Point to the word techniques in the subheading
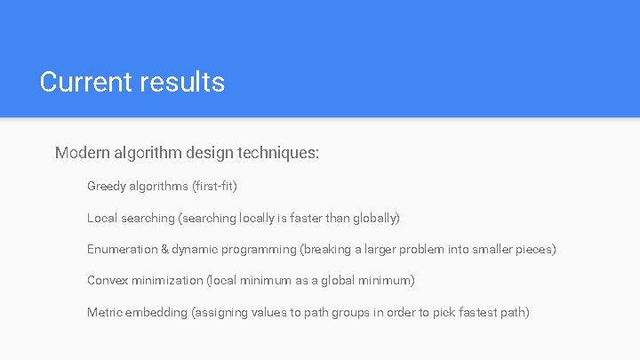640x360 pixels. click(x=278, y=153)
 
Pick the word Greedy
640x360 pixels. click(x=106, y=187)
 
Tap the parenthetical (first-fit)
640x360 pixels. click(x=214, y=187)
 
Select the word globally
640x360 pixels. click(x=376, y=218)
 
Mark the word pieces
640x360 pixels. click(x=535, y=249)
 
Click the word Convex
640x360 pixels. click(x=108, y=280)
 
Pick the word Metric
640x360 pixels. click(x=104, y=312)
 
